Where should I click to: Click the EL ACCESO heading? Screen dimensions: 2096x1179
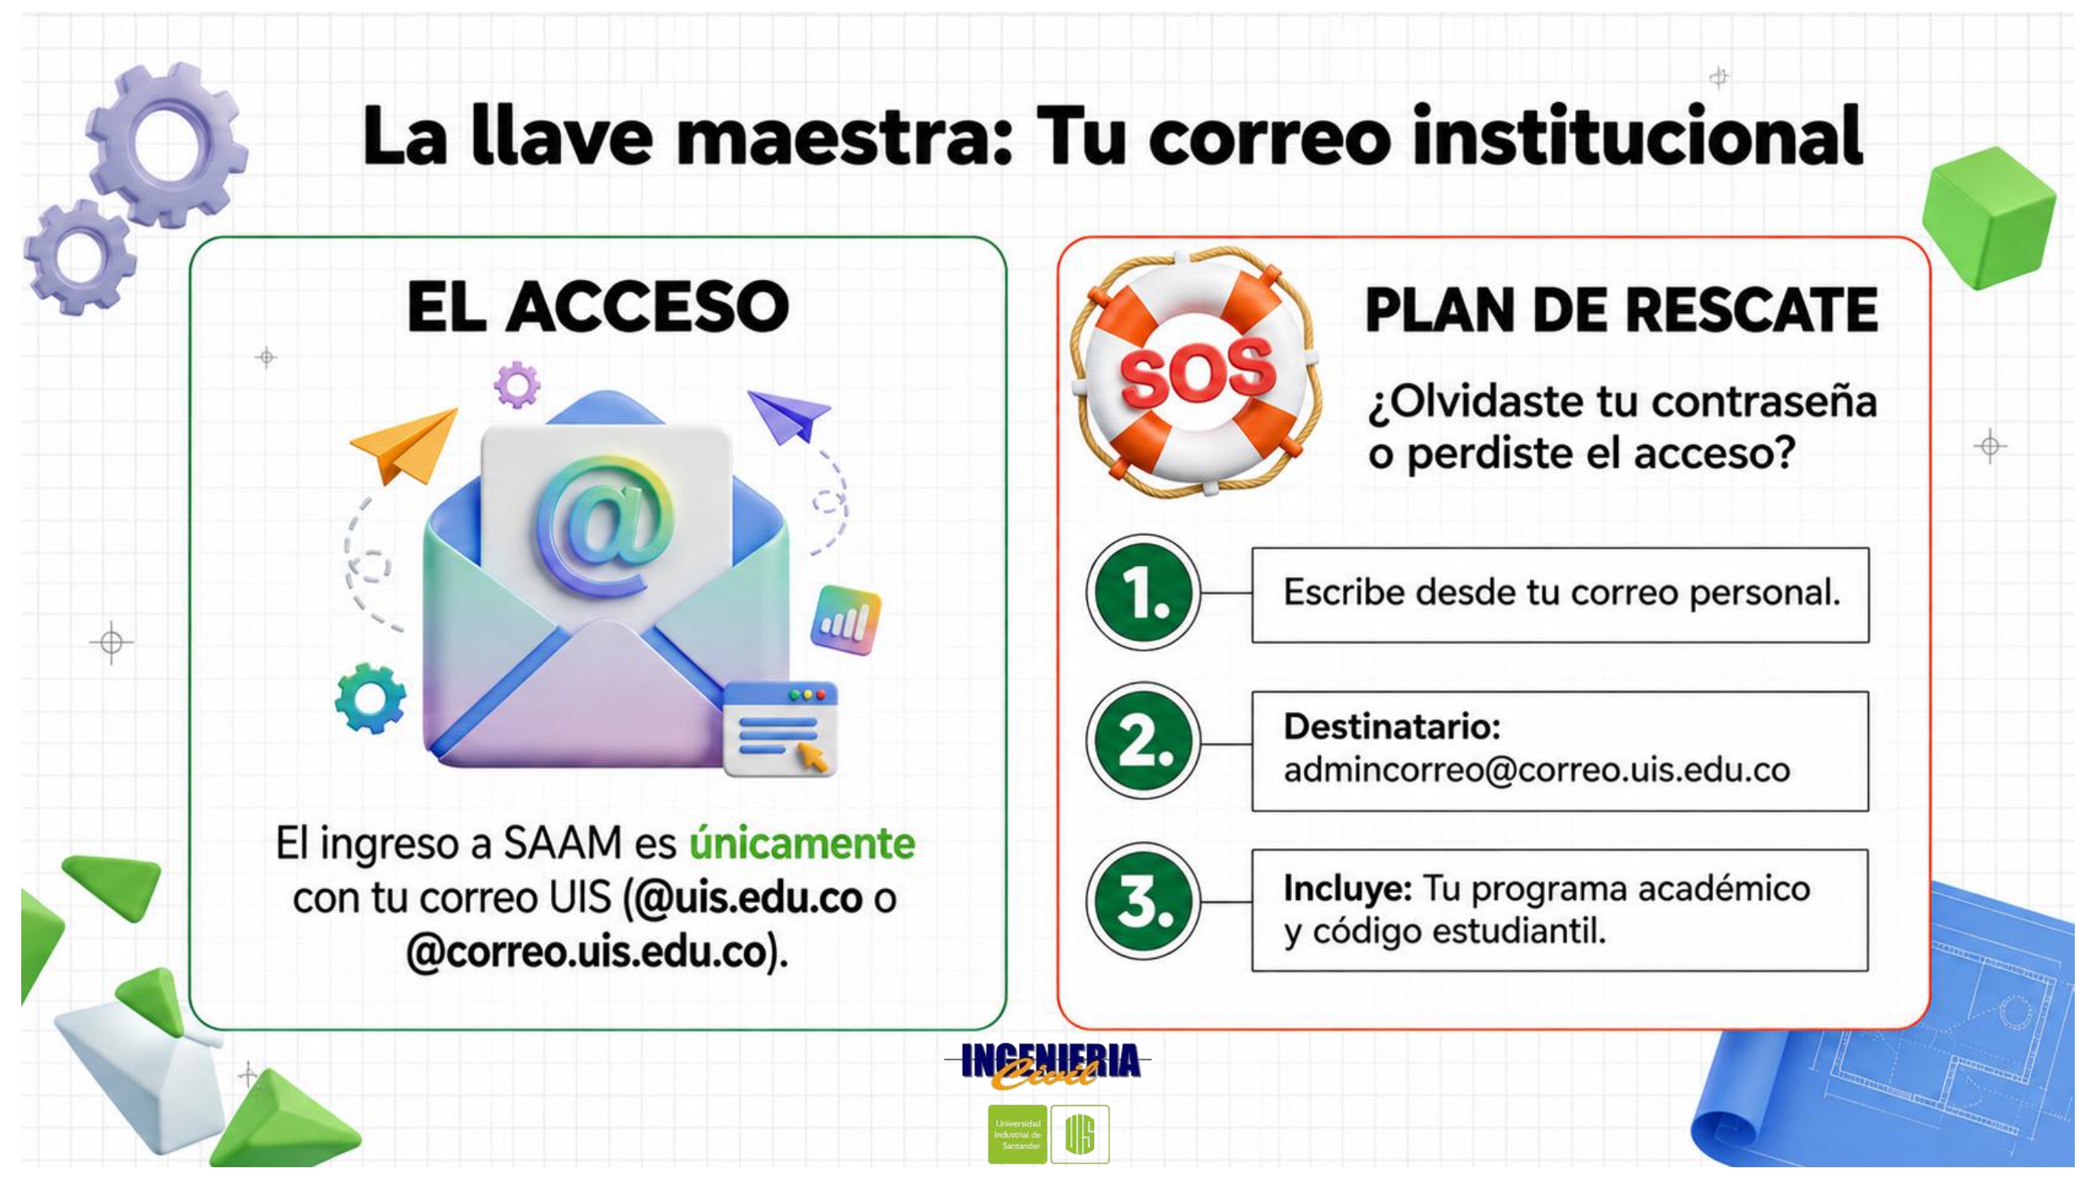point(598,307)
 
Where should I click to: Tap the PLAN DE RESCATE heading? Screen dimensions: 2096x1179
point(1621,310)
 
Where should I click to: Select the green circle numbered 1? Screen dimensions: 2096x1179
point(1143,593)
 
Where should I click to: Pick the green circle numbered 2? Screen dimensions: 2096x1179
point(1143,741)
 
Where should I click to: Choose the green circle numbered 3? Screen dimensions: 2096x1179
point(1143,901)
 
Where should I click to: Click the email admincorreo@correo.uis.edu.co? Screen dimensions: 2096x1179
point(1537,769)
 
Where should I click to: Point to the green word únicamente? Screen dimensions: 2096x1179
point(802,843)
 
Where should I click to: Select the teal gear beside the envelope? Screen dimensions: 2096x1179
point(371,698)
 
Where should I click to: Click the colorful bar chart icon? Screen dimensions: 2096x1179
point(846,620)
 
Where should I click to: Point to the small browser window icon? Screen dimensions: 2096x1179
point(780,729)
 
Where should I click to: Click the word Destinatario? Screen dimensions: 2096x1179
point(1392,726)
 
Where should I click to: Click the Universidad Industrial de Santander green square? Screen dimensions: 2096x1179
point(1017,1134)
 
